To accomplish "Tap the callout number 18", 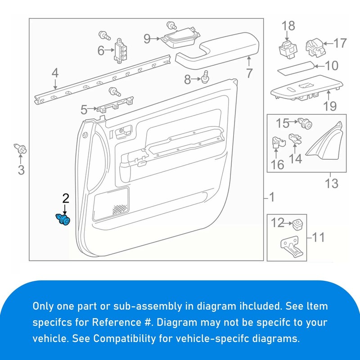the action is [x=288, y=27].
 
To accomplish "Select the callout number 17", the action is [x=340, y=43].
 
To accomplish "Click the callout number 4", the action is [x=55, y=72].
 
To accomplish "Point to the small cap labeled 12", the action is [x=297, y=223].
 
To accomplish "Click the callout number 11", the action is [x=318, y=237].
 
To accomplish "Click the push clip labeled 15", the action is [x=305, y=122].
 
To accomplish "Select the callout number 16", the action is [x=278, y=165].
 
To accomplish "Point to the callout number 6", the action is [x=101, y=50].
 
